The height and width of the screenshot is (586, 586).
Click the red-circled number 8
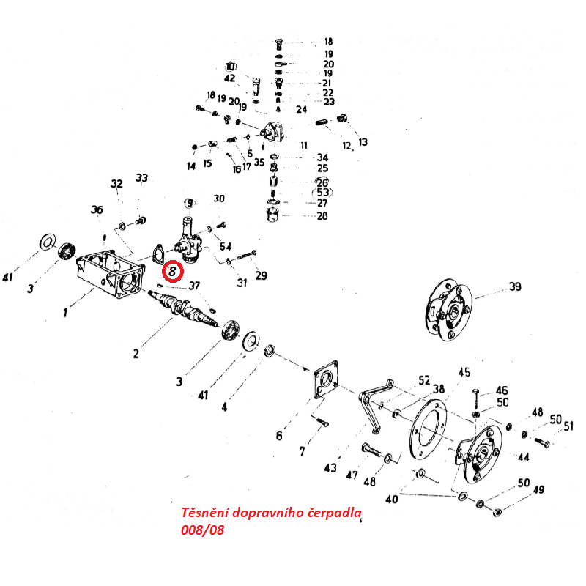[172, 271]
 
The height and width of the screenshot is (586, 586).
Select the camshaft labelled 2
[183, 307]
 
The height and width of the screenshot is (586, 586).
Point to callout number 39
[515, 286]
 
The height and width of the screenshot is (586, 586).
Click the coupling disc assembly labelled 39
[448, 309]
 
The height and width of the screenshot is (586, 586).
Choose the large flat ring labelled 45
[429, 429]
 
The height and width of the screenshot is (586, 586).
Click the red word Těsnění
[205, 512]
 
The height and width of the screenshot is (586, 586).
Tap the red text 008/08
[203, 530]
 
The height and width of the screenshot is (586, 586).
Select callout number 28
[322, 215]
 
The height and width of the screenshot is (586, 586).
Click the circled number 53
[322, 192]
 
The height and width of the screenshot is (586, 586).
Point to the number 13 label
[363, 142]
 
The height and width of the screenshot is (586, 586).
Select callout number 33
[141, 177]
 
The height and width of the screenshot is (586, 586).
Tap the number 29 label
[262, 275]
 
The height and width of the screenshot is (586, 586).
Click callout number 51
[568, 426]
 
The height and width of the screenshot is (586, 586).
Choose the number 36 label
[97, 209]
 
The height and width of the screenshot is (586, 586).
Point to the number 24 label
[302, 109]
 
